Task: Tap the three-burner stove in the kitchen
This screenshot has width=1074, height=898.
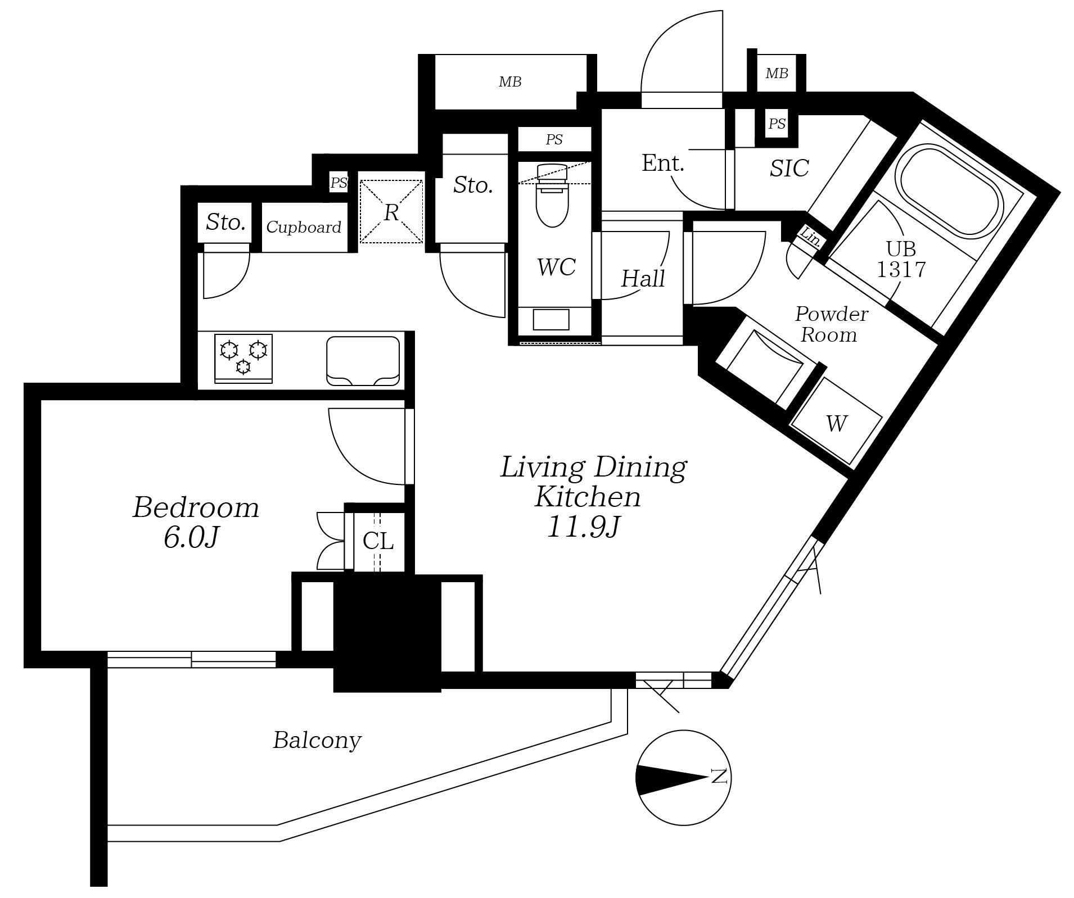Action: coord(243,359)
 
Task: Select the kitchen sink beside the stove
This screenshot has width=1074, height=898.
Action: coord(363,361)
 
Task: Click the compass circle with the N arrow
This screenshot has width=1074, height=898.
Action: coord(683,778)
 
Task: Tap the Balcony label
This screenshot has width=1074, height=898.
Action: coord(317,741)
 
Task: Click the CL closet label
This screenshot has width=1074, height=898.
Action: coord(378,541)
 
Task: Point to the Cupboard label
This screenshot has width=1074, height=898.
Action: coord(304,227)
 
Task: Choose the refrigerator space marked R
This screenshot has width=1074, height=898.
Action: coord(391,212)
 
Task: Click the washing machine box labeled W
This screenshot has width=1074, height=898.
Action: coord(836,423)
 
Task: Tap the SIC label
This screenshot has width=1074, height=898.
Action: coord(789,168)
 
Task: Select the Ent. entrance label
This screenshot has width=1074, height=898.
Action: coord(663,164)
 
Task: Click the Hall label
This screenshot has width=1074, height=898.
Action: coord(643,279)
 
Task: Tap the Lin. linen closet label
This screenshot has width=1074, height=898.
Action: coord(810,237)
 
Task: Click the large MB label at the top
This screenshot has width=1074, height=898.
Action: coord(510,82)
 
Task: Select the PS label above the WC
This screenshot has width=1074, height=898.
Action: coord(554,139)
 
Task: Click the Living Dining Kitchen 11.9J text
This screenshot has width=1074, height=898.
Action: coord(593,497)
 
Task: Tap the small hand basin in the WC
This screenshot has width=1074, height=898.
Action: coord(551,320)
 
